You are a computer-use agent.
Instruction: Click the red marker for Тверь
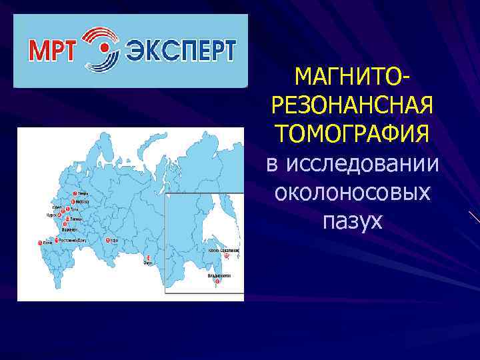[x=74, y=193]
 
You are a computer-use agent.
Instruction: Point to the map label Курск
[x=51, y=215]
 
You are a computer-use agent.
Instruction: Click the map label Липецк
[x=75, y=218]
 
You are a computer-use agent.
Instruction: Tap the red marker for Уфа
[x=107, y=240]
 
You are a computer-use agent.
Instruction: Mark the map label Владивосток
[x=219, y=275]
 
